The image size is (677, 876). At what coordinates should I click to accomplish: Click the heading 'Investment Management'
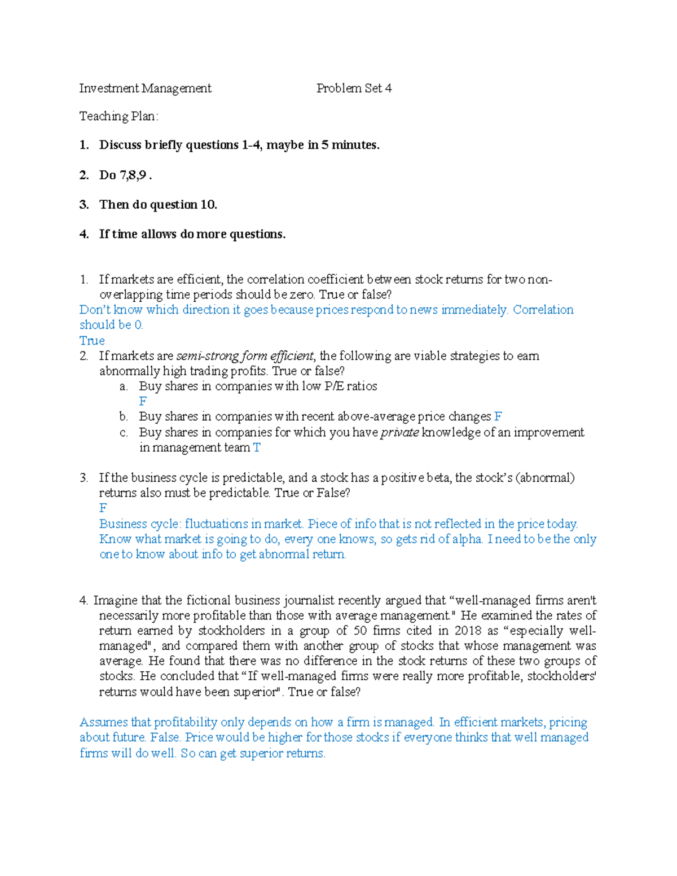click(x=145, y=88)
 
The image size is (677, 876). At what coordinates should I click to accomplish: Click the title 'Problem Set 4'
click(x=354, y=88)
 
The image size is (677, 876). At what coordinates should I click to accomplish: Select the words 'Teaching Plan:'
click(x=118, y=116)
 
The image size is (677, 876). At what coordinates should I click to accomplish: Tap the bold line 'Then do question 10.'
click(x=158, y=204)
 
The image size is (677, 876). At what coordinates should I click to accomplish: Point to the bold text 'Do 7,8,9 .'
click(x=125, y=175)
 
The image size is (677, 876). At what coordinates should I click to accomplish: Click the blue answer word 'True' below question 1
click(x=92, y=341)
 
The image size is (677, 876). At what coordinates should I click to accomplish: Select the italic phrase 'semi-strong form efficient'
click(x=245, y=356)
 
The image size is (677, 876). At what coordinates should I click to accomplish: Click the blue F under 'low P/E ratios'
click(x=143, y=401)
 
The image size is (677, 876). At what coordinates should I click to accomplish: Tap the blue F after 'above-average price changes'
click(x=498, y=416)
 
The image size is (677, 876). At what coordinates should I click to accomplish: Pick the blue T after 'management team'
click(x=257, y=447)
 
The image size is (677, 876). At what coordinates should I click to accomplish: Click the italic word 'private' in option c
click(x=399, y=432)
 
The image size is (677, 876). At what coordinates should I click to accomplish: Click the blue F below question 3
click(x=103, y=508)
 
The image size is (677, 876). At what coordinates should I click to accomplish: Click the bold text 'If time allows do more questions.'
click(x=192, y=234)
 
